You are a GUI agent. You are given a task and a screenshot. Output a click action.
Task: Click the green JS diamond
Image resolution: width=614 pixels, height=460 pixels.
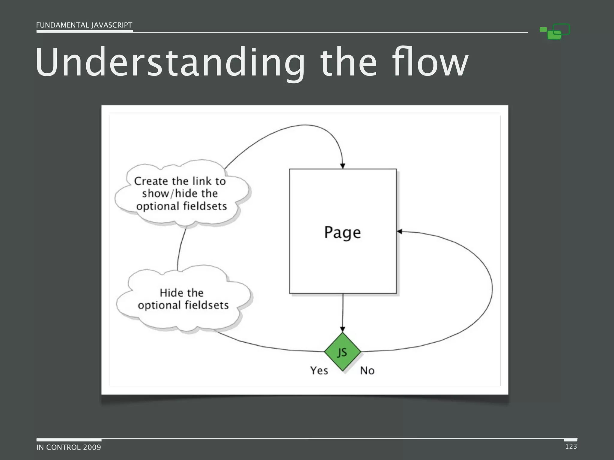point(342,352)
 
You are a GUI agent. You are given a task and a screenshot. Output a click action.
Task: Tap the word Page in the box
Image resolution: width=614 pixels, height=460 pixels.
point(342,233)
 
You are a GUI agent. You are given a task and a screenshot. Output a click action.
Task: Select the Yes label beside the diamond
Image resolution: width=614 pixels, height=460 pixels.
point(319,370)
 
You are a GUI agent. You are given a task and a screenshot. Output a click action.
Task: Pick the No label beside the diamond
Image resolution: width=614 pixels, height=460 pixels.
point(367,371)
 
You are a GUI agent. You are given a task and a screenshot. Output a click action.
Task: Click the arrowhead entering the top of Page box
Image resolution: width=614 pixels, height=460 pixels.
point(343,166)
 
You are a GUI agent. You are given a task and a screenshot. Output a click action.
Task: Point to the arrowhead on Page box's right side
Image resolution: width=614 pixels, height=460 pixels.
point(399,231)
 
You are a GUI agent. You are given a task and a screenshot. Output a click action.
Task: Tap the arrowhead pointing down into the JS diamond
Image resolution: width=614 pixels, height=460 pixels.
point(343,329)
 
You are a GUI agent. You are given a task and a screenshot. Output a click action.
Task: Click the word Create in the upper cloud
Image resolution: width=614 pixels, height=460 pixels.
point(151,181)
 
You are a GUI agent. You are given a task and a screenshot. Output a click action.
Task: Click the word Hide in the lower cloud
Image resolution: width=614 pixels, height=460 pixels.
point(170,293)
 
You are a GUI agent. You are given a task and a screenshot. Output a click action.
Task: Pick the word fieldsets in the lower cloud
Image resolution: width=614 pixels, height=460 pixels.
point(207,305)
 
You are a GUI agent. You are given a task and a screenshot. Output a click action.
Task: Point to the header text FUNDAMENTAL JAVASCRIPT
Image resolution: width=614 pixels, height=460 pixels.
point(84,25)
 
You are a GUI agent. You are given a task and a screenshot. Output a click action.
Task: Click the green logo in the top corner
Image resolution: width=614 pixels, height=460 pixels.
point(555,31)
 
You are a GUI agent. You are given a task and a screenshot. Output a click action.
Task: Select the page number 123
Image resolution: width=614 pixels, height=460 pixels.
point(571,446)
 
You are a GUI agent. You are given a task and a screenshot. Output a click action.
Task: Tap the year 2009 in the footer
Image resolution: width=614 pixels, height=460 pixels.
point(92,447)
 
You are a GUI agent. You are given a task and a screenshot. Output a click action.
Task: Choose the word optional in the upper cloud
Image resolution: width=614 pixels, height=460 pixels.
point(158,206)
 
